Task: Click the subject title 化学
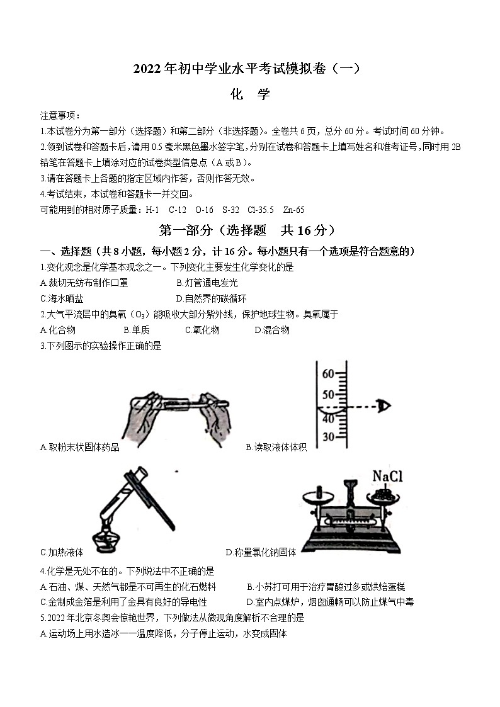(x=250, y=94)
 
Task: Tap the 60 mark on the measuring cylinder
(x=327, y=374)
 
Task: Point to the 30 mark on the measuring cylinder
(x=327, y=436)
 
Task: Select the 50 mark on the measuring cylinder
(x=327, y=395)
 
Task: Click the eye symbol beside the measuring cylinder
(x=383, y=406)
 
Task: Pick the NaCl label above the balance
(x=387, y=477)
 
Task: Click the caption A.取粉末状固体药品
(x=79, y=447)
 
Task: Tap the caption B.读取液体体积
(x=276, y=447)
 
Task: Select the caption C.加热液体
(x=62, y=552)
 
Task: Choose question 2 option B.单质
(x=137, y=330)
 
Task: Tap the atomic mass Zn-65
(x=294, y=210)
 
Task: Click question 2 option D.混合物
(x=272, y=330)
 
